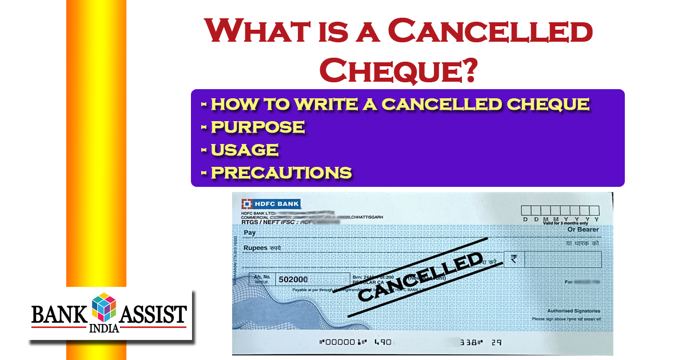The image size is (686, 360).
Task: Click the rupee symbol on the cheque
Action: click(x=514, y=259)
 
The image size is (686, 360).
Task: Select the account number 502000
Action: click(x=292, y=279)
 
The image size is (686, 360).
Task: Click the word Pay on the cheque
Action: click(x=250, y=233)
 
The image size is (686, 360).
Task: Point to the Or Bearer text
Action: click(x=583, y=230)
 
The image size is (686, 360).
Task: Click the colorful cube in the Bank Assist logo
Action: click(x=103, y=307)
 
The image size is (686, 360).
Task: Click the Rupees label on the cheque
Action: click(x=255, y=248)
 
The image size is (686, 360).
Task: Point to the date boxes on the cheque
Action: click(x=560, y=211)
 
